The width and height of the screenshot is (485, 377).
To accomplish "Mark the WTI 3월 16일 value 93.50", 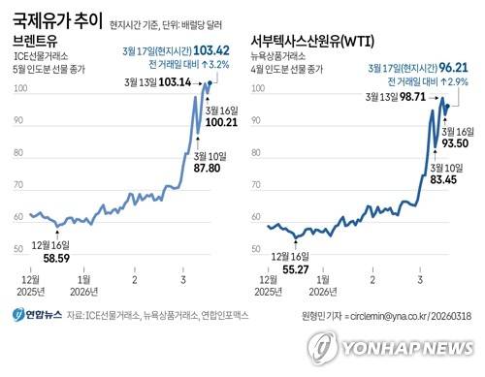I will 459,141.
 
